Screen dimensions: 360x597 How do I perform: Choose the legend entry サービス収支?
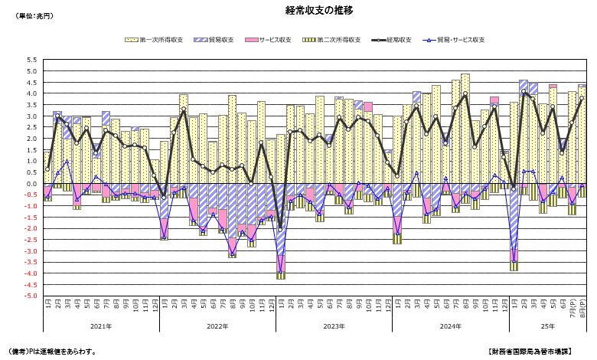tap(274, 39)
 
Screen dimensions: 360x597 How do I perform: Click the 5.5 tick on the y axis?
tap(31, 60)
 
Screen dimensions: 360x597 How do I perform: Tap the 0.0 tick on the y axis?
tap(31, 184)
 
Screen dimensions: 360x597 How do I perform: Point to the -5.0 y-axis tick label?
tap(29, 296)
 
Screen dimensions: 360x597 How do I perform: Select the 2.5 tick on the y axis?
tap(31, 127)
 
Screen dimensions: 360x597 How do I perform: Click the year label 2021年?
tap(102, 326)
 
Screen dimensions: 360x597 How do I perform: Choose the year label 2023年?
tap(334, 326)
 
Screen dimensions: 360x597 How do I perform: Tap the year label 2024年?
tap(449, 326)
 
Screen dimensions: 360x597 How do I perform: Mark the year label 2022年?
tap(217, 326)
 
